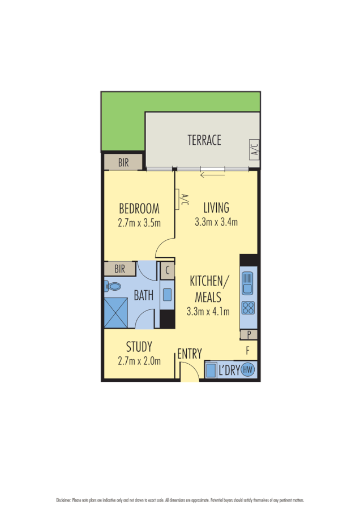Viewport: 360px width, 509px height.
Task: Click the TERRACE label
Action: point(204,140)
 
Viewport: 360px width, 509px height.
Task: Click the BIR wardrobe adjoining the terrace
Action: point(123,163)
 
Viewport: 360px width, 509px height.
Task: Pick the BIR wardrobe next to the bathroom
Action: point(120,268)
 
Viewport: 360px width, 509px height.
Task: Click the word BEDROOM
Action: point(139,208)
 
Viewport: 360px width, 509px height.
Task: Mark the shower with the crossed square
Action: point(117,312)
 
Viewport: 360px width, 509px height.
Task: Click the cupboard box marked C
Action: point(167,270)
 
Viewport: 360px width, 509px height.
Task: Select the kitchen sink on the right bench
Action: point(248,283)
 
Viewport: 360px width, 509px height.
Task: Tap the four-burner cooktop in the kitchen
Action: point(248,308)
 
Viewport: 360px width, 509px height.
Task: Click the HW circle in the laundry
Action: point(247,370)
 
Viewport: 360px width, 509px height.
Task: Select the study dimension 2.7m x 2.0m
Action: point(139,360)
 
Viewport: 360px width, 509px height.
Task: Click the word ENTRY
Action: point(189,355)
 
